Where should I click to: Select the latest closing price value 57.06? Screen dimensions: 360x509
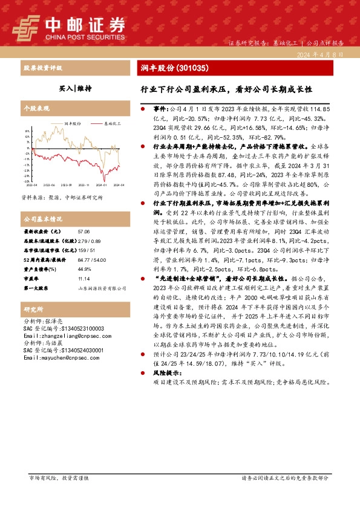(83, 232)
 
